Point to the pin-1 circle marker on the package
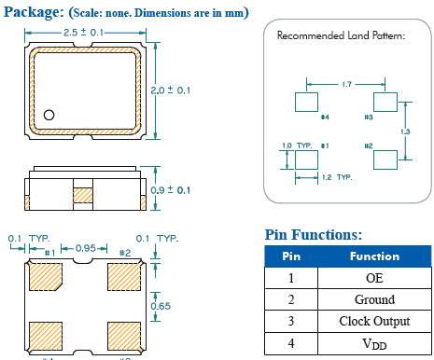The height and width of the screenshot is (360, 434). (50, 115)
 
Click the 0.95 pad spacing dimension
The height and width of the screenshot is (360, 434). (86, 250)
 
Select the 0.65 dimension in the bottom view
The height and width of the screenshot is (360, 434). (161, 305)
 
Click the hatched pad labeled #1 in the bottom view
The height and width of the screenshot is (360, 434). (46, 276)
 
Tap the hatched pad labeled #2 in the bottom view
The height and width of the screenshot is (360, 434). (124, 276)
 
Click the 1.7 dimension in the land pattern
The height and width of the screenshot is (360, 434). (346, 85)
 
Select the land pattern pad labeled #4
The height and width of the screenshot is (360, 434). (307, 102)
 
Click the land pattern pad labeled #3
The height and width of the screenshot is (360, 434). (385, 102)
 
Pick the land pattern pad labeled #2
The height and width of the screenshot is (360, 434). (385, 159)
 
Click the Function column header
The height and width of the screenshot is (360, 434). (374, 256)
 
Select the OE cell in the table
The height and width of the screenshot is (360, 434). (374, 278)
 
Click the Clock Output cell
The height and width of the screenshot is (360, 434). (374, 322)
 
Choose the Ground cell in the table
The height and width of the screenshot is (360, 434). (374, 299)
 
